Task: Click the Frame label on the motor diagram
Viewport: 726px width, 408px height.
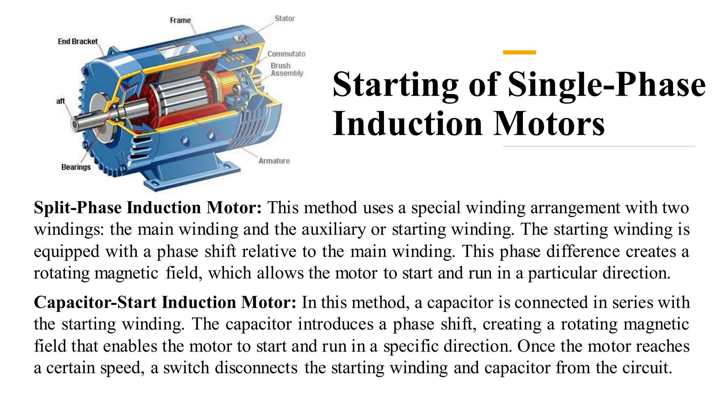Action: click(180, 21)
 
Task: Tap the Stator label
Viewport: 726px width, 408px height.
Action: click(285, 18)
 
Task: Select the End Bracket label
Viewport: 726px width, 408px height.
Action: click(78, 41)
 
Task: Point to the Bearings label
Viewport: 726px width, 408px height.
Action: click(76, 167)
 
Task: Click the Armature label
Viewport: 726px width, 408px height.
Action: click(274, 161)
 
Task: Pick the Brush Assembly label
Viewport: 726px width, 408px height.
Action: click(287, 69)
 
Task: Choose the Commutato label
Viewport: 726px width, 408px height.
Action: click(286, 54)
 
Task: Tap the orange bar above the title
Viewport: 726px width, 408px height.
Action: click(519, 52)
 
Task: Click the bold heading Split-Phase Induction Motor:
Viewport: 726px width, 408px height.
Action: click(148, 208)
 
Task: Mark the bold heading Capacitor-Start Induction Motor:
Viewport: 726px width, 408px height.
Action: click(165, 302)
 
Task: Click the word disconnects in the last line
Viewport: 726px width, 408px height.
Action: click(256, 368)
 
